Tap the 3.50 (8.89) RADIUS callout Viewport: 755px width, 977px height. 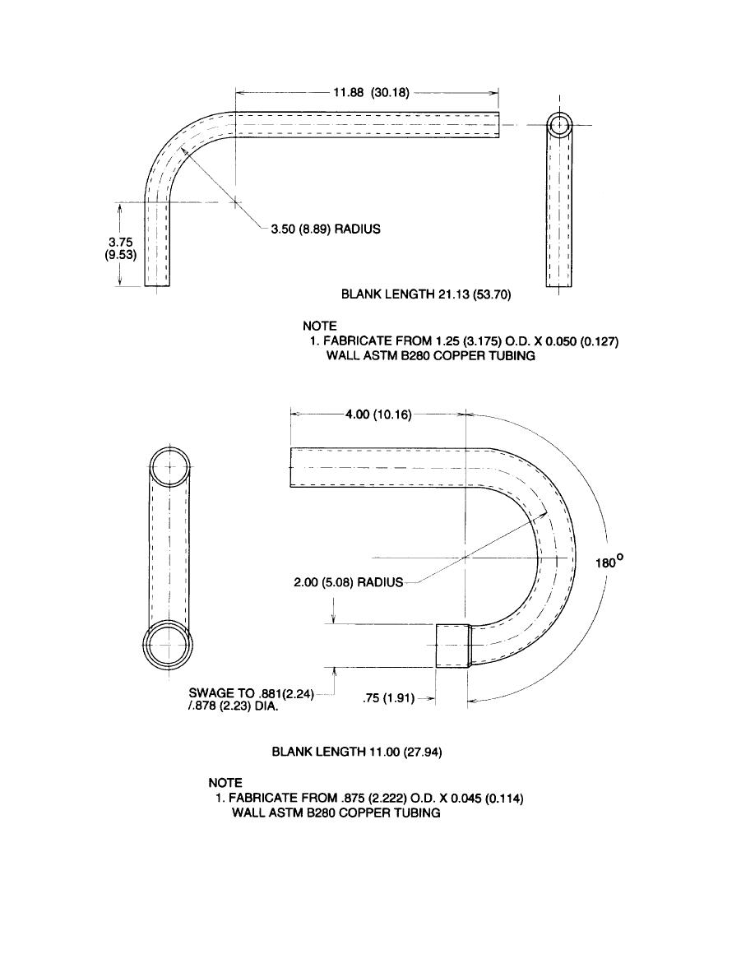pyautogui.click(x=326, y=229)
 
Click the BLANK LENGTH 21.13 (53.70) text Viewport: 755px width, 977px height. pyautogui.click(x=425, y=294)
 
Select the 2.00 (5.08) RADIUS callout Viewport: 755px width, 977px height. pyautogui.click(x=349, y=582)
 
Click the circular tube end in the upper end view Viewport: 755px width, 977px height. pyautogui.click(x=560, y=125)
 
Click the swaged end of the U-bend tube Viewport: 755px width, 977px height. pyautogui.click(x=452, y=645)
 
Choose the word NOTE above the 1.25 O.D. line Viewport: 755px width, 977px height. pyautogui.click(x=320, y=326)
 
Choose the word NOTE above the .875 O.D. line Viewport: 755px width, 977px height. pyautogui.click(x=225, y=783)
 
